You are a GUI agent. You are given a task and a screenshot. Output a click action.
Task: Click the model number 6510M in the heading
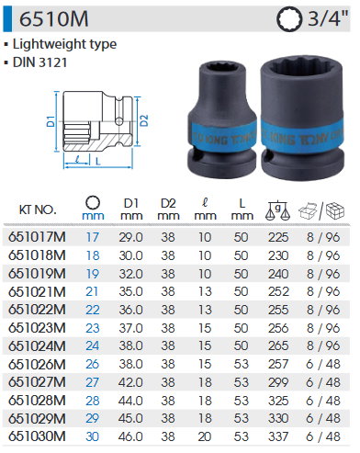[54, 19]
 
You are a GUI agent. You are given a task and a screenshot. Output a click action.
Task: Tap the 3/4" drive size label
[328, 19]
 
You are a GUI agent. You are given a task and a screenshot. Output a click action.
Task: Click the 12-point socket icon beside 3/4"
[288, 19]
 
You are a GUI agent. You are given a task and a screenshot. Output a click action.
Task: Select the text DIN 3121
[39, 62]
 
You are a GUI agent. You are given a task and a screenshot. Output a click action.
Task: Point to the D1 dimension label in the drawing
[51, 121]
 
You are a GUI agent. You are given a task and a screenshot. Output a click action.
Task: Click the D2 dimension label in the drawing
[144, 120]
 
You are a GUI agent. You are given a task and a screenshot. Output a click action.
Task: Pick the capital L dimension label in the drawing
[98, 162]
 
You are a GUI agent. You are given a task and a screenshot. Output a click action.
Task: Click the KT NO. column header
[38, 210]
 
